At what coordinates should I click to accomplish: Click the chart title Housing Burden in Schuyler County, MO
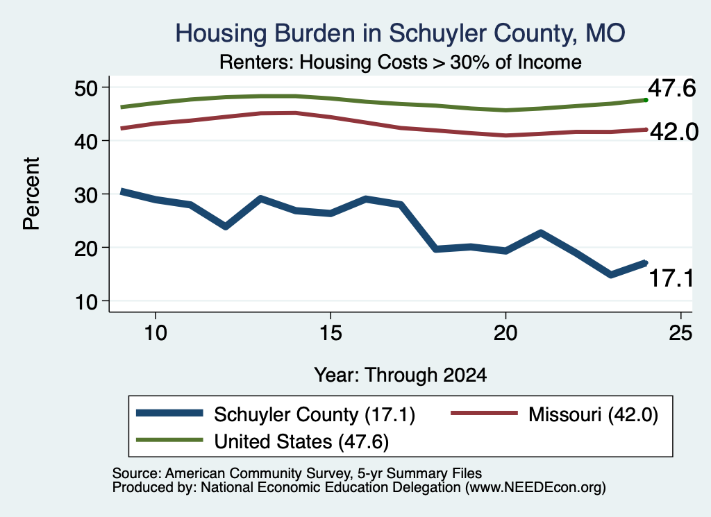[x=400, y=33]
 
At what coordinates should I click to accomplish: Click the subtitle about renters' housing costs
[x=401, y=62]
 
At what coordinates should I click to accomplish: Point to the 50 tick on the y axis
[x=86, y=87]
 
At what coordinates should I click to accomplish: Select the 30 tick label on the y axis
[x=86, y=194]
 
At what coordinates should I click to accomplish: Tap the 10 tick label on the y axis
[x=86, y=301]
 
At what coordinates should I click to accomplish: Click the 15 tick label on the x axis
[x=331, y=334]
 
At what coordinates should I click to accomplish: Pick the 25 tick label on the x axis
[x=680, y=334]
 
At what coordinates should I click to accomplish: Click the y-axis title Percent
[x=31, y=194]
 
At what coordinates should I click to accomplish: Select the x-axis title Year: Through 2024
[x=401, y=375]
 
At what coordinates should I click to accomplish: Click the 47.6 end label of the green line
[x=671, y=88]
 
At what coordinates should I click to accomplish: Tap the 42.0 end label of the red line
[x=674, y=132]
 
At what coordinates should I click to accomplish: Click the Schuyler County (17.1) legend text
[x=315, y=414]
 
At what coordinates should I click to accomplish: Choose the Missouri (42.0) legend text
[x=593, y=414]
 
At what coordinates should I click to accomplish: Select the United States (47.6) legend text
[x=301, y=442]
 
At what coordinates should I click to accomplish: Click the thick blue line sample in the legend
[x=169, y=413]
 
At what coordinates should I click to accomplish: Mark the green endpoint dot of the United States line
[x=646, y=100]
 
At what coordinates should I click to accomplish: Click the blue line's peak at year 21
[x=540, y=233]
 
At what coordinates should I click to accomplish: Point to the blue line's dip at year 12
[x=226, y=226]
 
